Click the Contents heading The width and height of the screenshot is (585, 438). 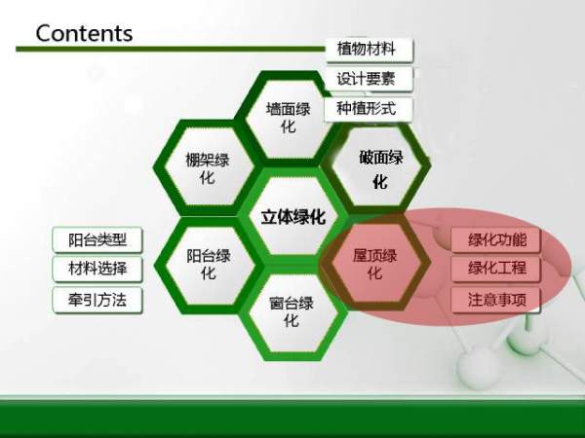click(x=84, y=32)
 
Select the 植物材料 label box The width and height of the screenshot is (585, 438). click(x=368, y=49)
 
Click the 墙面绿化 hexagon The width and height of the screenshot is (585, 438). click(x=288, y=117)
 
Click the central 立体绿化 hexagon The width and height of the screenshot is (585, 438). click(x=292, y=216)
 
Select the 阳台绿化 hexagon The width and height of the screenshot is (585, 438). click(x=208, y=264)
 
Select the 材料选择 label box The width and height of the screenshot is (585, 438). click(x=97, y=270)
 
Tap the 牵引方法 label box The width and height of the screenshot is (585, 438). click(x=97, y=300)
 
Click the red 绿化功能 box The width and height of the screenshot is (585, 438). click(x=496, y=240)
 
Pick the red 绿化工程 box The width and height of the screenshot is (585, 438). click(x=496, y=269)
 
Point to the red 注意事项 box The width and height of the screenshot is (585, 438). click(x=496, y=300)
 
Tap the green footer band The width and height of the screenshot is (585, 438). click(x=292, y=414)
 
